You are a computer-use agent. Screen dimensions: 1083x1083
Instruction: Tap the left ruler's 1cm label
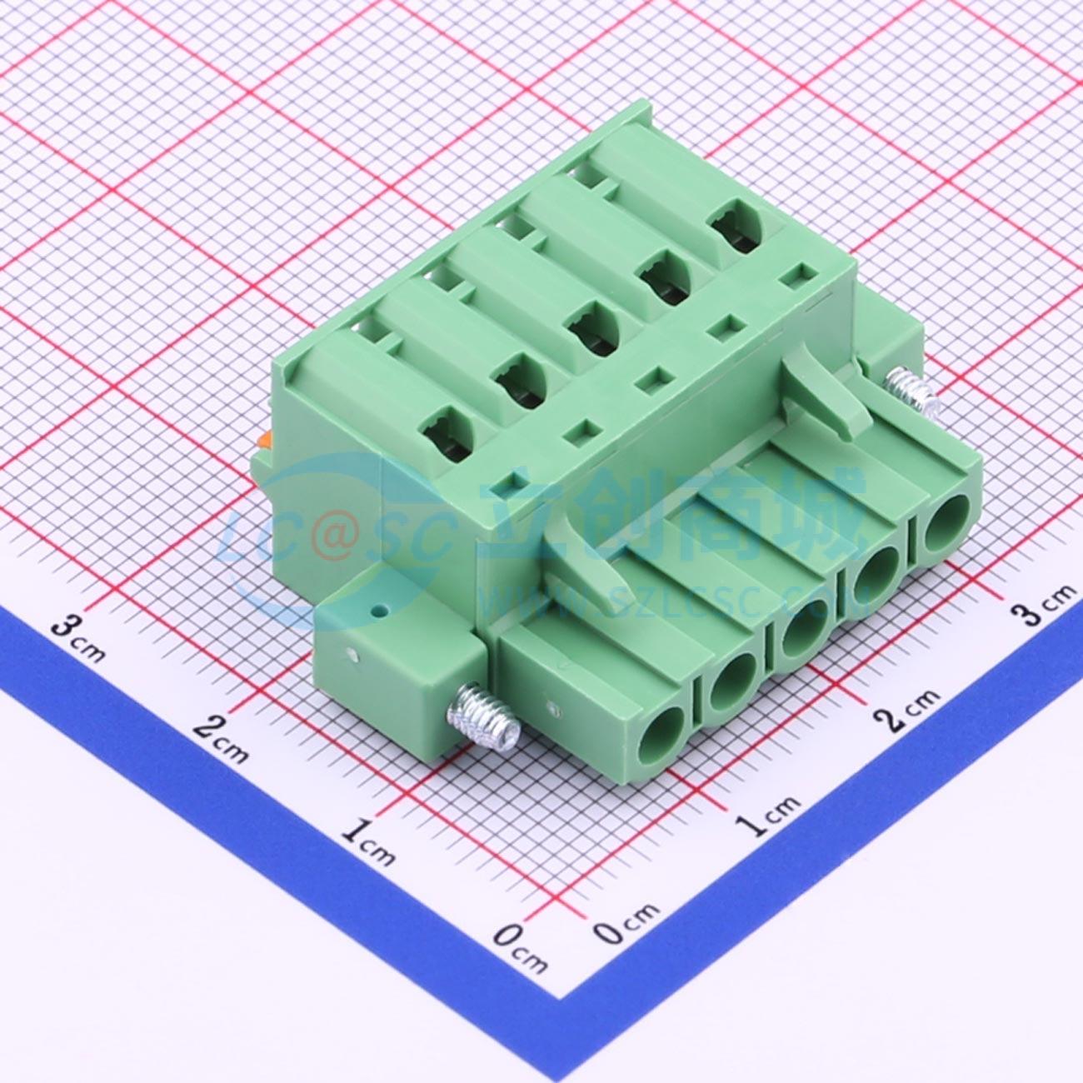[x=367, y=836]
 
